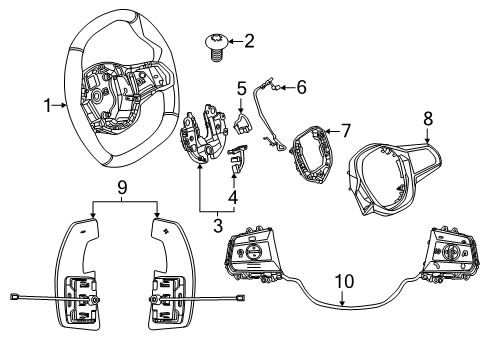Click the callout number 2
pyautogui.click(x=250, y=41)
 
